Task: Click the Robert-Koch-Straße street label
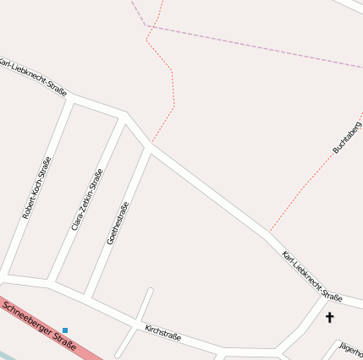click(36, 188)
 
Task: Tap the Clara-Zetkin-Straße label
click(87, 199)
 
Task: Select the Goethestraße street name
click(118, 223)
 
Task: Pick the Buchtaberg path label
click(347, 137)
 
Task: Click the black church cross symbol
click(329, 318)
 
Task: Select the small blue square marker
click(65, 330)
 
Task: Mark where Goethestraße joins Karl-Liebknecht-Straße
click(148, 150)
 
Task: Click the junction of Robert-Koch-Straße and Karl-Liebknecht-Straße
click(73, 100)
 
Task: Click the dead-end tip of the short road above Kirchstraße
click(150, 292)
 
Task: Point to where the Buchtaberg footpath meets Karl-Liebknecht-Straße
click(270, 231)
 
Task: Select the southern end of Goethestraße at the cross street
click(88, 298)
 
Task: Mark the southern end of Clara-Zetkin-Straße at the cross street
click(52, 282)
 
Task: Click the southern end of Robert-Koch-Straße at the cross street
click(6, 275)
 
